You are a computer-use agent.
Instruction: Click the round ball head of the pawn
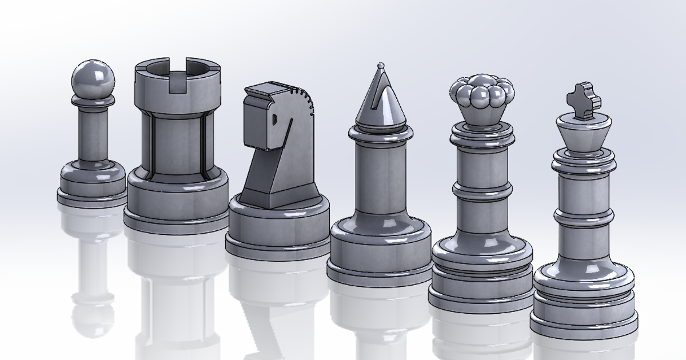93,79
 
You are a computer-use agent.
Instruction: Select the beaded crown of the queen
481,93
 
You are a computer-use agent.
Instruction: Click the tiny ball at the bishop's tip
381,65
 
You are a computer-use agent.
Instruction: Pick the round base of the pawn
92,183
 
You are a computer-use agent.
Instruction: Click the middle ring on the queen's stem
482,190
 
